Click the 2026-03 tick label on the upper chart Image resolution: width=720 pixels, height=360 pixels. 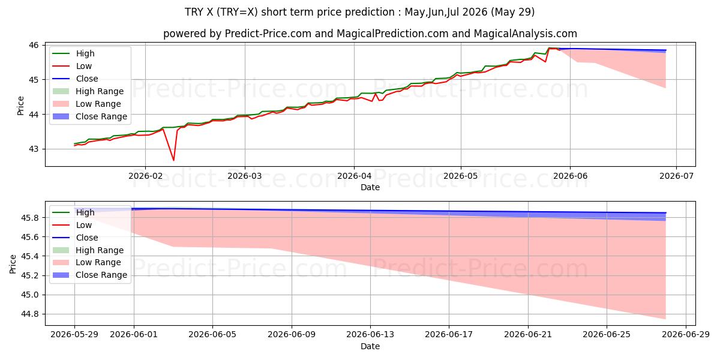245,176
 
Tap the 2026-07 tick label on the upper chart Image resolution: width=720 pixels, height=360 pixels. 676,176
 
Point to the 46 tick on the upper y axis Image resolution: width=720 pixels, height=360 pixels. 34,46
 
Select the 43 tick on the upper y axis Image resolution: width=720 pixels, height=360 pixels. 34,149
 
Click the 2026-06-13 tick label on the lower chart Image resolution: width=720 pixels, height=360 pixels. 370,335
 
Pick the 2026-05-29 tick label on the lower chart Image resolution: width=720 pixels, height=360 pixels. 74,335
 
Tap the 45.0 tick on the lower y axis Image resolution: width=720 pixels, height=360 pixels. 30,295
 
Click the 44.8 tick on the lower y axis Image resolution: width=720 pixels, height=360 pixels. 30,314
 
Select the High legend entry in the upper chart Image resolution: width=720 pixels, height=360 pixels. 73,53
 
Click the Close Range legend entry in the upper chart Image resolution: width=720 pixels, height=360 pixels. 89,116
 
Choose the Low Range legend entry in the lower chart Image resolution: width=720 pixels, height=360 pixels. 87,262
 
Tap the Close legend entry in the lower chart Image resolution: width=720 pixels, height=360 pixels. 75,238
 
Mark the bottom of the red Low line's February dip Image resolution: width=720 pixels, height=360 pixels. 173,160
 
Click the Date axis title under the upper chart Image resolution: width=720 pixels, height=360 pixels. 370,187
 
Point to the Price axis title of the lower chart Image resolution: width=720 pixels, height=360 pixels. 13,264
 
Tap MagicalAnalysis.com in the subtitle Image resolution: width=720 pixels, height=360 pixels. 525,34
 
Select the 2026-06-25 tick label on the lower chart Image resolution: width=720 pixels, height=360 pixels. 607,335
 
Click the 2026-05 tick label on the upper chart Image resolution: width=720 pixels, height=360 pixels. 461,176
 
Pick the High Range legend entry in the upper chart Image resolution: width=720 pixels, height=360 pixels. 88,91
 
